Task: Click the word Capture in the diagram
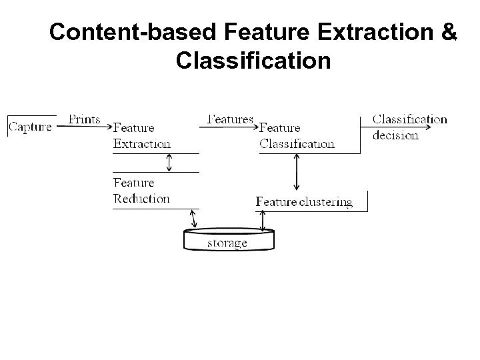click(x=31, y=127)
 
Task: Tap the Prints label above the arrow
click(x=85, y=120)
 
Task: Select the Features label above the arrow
click(x=231, y=119)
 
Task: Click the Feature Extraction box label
click(x=141, y=135)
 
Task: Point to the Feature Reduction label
click(x=141, y=190)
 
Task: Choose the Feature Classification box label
click(x=297, y=135)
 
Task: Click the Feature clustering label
click(x=304, y=201)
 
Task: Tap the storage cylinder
click(x=227, y=241)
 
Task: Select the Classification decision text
click(x=409, y=127)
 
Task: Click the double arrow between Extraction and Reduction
click(x=169, y=163)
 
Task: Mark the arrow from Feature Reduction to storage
click(x=194, y=219)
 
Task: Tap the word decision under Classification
click(x=395, y=135)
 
